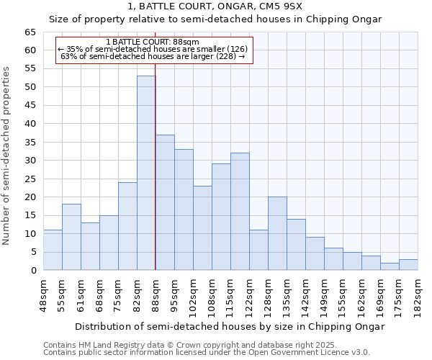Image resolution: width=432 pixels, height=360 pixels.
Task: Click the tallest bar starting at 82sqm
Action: click(x=146, y=173)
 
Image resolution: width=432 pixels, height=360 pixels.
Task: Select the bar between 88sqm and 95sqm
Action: click(x=165, y=202)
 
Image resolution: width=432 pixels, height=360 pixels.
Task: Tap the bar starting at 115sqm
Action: click(x=240, y=212)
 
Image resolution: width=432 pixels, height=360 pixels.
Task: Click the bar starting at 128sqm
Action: click(x=277, y=233)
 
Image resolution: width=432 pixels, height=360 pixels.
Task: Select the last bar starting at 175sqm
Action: click(x=408, y=264)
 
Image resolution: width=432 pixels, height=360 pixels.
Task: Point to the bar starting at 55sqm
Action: click(x=71, y=237)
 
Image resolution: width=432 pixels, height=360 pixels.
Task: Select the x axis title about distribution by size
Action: click(x=230, y=326)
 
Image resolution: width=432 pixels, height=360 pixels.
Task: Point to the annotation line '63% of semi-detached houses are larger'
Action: click(x=153, y=56)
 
